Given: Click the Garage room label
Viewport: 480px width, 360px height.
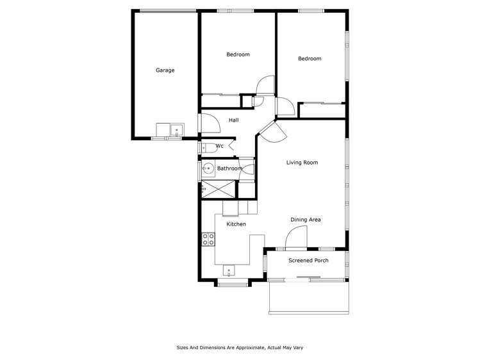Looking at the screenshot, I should [x=165, y=70].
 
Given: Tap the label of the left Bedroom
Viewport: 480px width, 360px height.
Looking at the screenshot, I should [x=238, y=54].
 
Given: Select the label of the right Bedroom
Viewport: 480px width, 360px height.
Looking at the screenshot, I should [x=310, y=59].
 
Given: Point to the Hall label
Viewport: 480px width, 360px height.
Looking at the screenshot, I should [x=234, y=120].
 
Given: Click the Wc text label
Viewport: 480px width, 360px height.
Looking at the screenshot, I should [x=219, y=146].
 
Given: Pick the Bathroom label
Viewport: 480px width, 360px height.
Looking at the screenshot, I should [x=229, y=168].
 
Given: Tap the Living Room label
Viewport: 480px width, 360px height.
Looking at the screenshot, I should [x=302, y=163].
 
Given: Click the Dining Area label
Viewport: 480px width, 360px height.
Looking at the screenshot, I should [x=305, y=220].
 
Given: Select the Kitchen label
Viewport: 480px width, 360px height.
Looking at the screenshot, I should [x=236, y=224].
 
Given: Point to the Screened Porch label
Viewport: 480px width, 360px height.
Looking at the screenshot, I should [x=308, y=261].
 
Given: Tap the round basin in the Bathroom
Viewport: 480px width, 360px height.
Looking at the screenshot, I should [x=208, y=169].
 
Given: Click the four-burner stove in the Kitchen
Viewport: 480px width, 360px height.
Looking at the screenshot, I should [x=208, y=240].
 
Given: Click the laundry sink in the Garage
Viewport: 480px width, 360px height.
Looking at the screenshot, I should [x=175, y=131].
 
